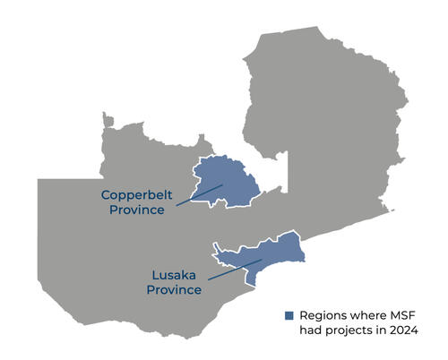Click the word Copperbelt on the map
click(132, 194)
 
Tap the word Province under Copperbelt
click(136, 210)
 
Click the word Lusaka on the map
click(170, 275)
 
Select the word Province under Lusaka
click(175, 290)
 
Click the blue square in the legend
click(289, 316)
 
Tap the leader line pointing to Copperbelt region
click(199, 195)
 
